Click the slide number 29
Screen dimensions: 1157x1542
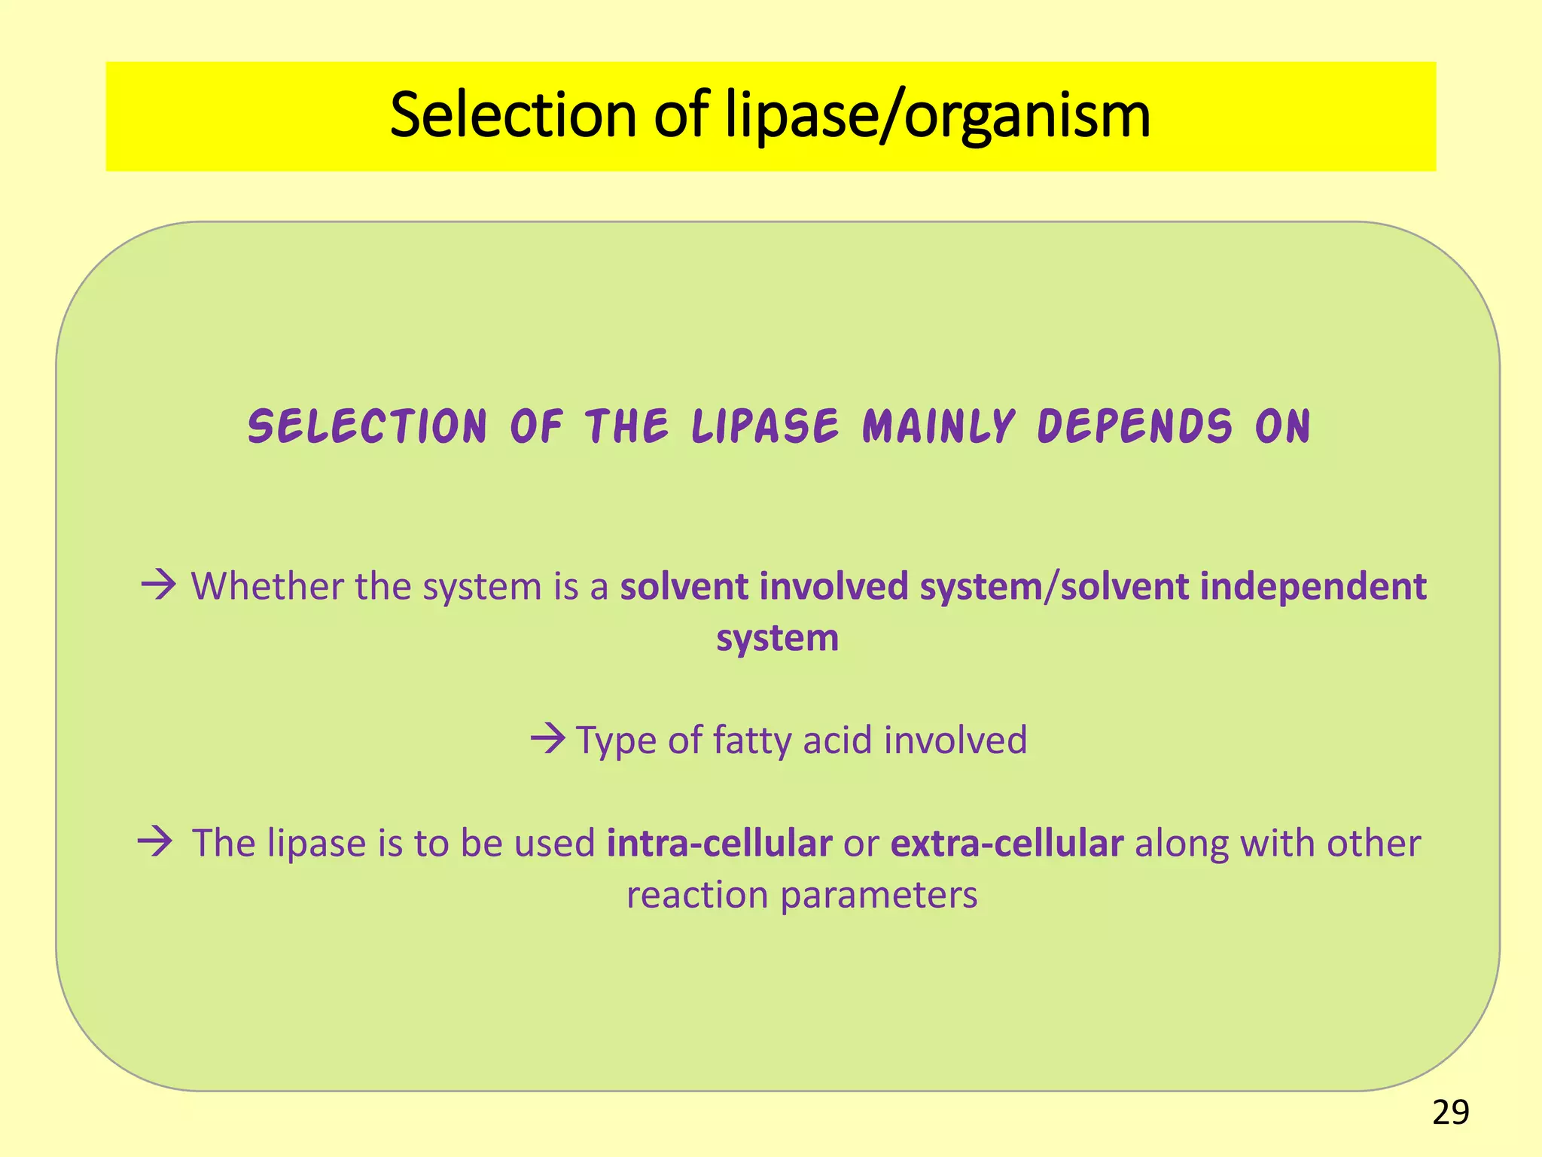click(x=1450, y=1113)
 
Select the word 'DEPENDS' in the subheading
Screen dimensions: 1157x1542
click(x=1135, y=426)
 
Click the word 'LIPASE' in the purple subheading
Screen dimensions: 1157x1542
click(x=765, y=426)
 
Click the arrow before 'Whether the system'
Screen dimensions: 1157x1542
click(x=158, y=585)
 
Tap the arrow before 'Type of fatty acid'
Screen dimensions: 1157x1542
click(x=547, y=738)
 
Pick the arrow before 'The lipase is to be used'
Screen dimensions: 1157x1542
click(x=156, y=841)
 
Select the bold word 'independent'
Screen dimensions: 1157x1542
click(x=1312, y=587)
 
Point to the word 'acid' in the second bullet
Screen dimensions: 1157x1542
click(x=838, y=740)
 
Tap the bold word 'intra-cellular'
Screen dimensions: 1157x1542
click(x=719, y=843)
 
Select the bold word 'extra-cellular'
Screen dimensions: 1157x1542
click(x=1007, y=843)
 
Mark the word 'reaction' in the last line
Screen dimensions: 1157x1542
click(x=696, y=895)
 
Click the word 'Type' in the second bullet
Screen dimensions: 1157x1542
click(x=616, y=741)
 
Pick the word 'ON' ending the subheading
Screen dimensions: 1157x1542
click(x=1283, y=426)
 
